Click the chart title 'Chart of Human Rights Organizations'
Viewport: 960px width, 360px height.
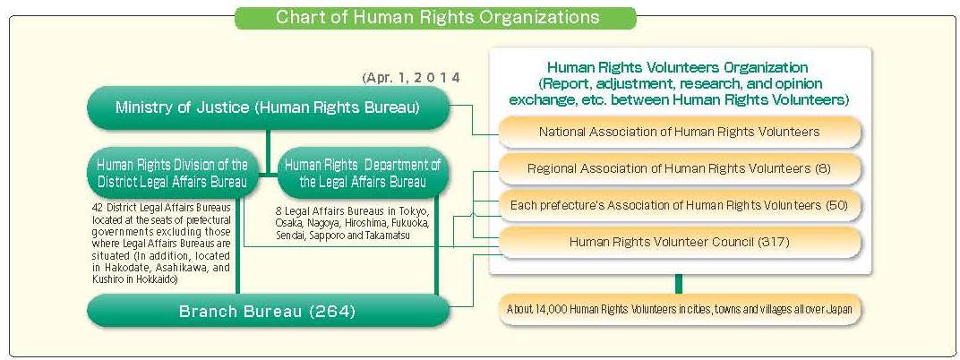[437, 17]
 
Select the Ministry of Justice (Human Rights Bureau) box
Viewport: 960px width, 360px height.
[268, 108]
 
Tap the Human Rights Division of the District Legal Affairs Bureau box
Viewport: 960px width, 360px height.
[172, 173]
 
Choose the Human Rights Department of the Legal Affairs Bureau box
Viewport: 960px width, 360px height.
[363, 173]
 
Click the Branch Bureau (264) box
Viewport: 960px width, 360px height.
[268, 311]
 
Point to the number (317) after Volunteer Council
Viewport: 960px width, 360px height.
[774, 242]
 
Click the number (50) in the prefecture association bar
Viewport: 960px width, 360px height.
[836, 205]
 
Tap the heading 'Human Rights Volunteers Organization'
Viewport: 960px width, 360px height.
[678, 66]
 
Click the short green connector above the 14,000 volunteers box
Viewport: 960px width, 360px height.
[679, 284]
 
